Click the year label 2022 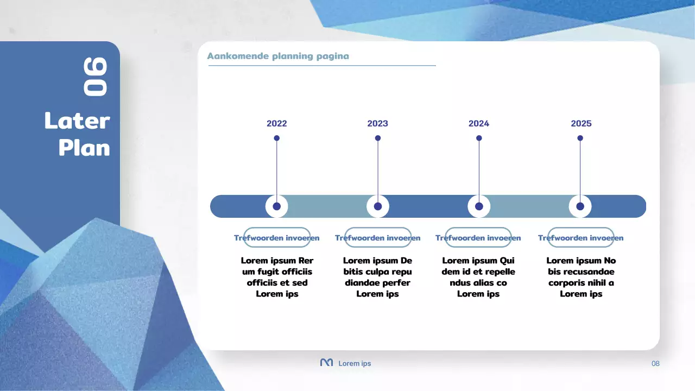(276, 123)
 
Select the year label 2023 (377, 123)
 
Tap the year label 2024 (478, 123)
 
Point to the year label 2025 (581, 123)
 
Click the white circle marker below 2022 (276, 206)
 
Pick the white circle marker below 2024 (479, 206)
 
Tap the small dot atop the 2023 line (378, 138)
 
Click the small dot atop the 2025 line (580, 138)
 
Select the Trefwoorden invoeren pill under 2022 (276, 238)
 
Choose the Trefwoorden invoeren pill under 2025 (580, 238)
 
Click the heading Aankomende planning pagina (278, 56)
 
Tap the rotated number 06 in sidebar (95, 77)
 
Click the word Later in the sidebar (77, 121)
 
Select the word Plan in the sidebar (84, 148)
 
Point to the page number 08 (655, 363)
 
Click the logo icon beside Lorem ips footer (326, 363)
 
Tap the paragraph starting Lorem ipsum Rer (277, 277)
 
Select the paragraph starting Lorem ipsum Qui (478, 277)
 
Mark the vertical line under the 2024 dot (479, 168)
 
